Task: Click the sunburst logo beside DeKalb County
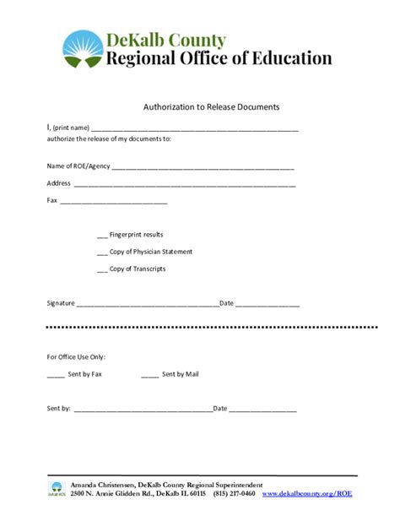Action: (x=83, y=50)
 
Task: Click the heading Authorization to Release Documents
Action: (x=211, y=107)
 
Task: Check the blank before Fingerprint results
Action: (x=102, y=236)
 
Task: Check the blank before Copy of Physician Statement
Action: (x=102, y=252)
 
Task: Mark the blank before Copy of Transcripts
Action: (x=102, y=270)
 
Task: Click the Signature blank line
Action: (x=148, y=304)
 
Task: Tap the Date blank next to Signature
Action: (x=267, y=304)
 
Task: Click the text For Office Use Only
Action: (x=76, y=357)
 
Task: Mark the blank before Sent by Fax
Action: (x=55, y=375)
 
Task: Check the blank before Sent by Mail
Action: (x=149, y=375)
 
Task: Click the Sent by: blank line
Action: (x=143, y=410)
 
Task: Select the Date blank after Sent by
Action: (x=262, y=410)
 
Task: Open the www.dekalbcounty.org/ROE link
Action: (x=307, y=493)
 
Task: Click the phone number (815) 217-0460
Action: (x=234, y=493)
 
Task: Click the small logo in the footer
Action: (x=57, y=489)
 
